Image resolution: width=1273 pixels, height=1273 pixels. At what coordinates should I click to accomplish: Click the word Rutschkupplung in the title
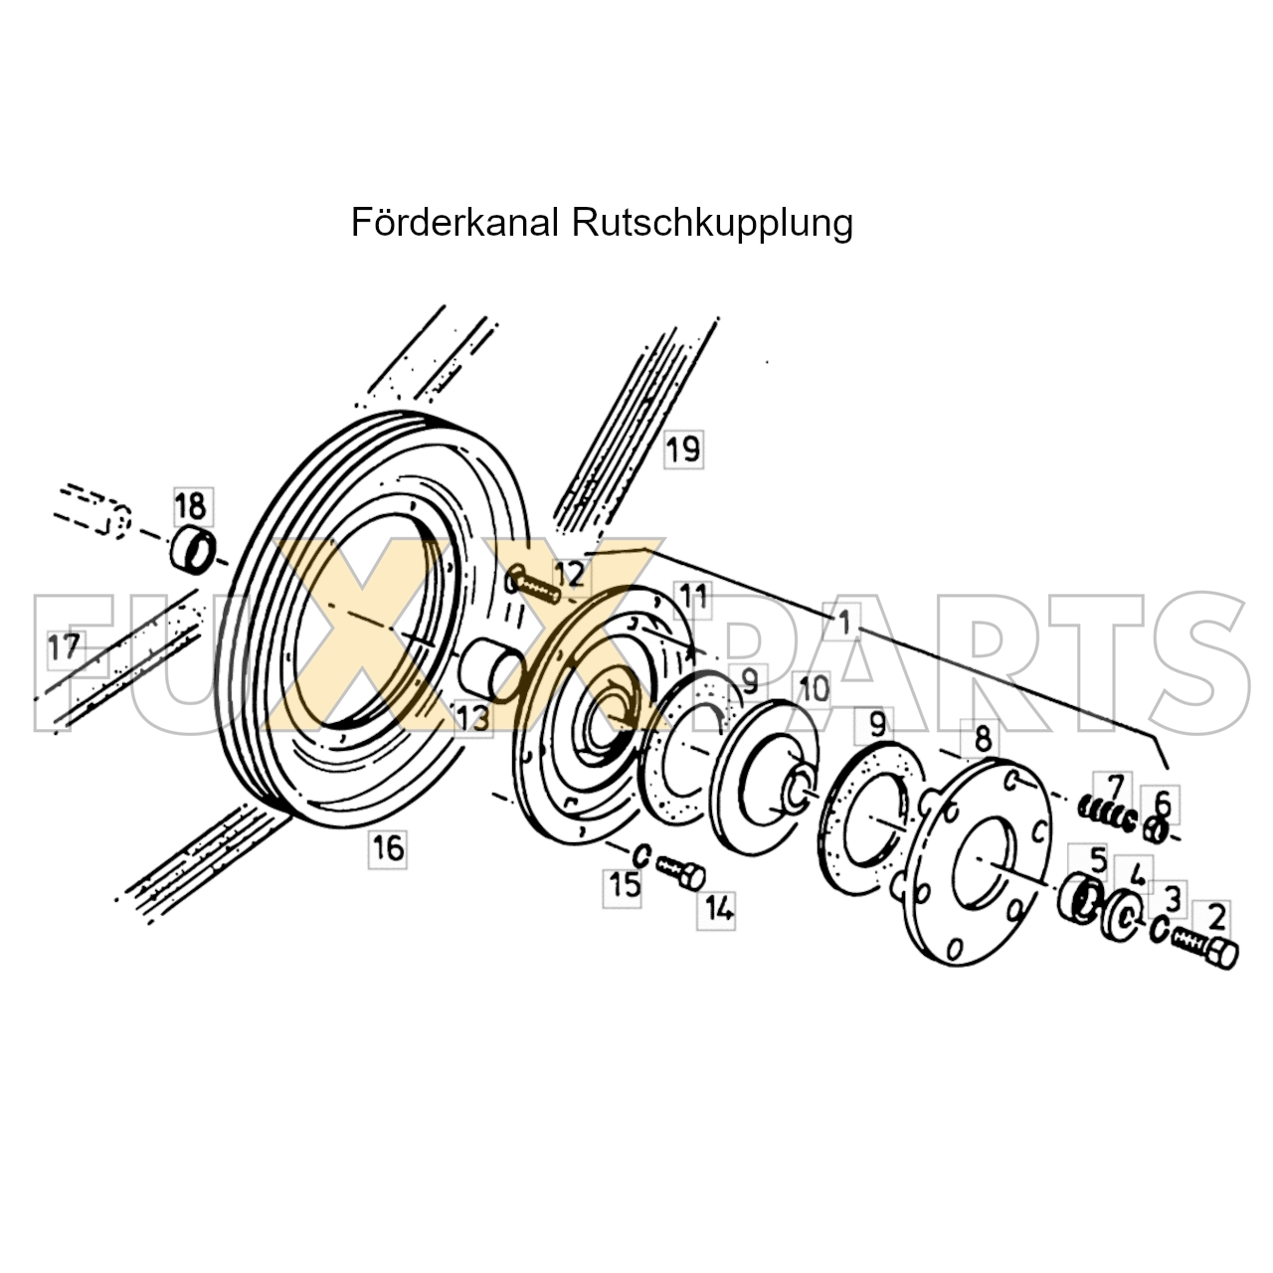(712, 224)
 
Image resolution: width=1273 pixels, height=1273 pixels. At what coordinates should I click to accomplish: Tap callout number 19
(682, 450)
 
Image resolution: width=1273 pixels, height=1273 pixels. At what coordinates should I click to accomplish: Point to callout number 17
(65, 648)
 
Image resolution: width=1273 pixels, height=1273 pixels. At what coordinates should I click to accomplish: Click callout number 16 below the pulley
(387, 848)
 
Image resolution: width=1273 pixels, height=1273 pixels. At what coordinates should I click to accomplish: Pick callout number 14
(719, 908)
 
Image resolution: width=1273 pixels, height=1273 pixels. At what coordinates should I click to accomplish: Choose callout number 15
(625, 884)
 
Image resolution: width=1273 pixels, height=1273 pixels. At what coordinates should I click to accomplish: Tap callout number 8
(983, 739)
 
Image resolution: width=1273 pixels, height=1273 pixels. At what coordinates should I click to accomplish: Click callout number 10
(813, 688)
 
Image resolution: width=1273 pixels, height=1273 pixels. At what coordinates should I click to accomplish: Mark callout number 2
(1217, 915)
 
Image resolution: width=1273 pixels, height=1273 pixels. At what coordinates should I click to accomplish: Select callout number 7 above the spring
(1114, 787)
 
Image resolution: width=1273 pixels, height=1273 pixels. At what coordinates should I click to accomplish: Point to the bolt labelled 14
(681, 872)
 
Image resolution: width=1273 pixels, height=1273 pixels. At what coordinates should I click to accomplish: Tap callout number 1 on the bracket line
(843, 624)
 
